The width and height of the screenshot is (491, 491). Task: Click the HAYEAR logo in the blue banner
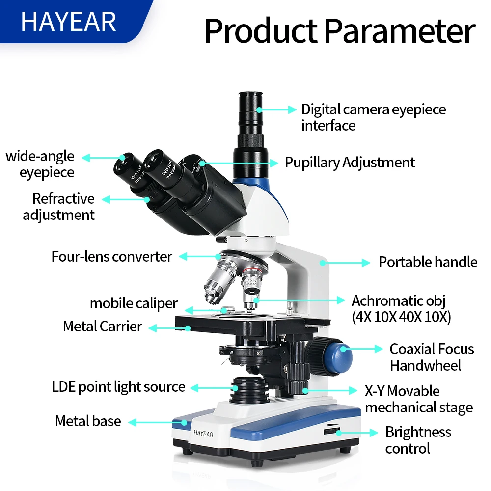click(x=68, y=22)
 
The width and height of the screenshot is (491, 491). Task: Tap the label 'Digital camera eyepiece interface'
click(x=373, y=117)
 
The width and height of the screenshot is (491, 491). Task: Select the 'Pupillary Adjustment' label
click(x=350, y=163)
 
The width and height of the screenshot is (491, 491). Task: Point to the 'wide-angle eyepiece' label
click(x=41, y=164)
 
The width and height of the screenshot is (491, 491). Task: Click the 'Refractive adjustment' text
click(x=59, y=207)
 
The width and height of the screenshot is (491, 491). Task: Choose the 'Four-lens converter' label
click(x=112, y=256)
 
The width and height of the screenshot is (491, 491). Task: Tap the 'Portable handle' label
click(x=428, y=262)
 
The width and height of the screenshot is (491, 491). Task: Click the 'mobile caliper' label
click(x=134, y=303)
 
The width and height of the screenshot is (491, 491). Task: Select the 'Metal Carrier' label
click(x=103, y=326)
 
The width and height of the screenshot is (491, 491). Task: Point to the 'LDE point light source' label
click(x=118, y=387)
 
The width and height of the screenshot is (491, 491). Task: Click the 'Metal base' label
click(x=88, y=421)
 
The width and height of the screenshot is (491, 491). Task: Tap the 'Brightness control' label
click(x=418, y=440)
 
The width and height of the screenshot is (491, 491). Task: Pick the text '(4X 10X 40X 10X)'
click(x=401, y=317)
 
